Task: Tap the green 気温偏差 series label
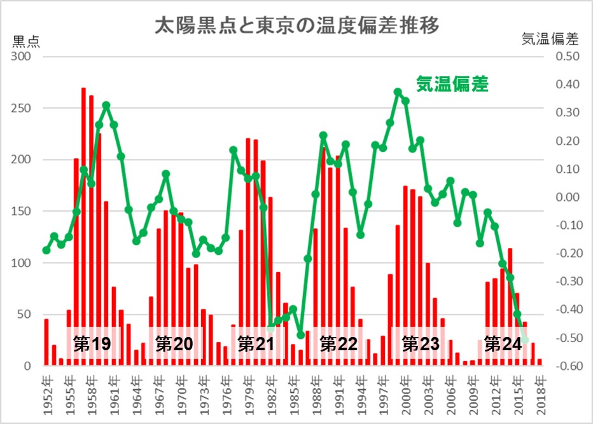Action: click(x=452, y=83)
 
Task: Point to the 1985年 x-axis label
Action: click(x=293, y=392)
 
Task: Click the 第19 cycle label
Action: click(x=92, y=344)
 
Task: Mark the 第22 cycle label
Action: click(x=338, y=344)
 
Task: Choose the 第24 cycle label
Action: click(x=503, y=344)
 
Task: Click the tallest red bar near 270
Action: click(x=84, y=191)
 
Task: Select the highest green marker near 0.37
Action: click(x=398, y=92)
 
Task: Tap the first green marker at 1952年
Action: click(x=46, y=250)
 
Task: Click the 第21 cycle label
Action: click(x=256, y=344)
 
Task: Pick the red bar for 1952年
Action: click(x=46, y=343)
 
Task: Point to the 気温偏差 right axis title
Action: click(x=550, y=39)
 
